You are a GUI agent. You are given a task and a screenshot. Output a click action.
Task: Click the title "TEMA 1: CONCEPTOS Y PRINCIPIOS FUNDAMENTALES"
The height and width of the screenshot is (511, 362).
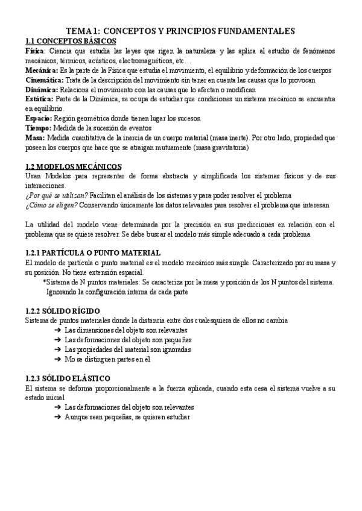[x=180, y=31]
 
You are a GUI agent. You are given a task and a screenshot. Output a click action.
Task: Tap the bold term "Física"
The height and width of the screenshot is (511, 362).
[x=34, y=52]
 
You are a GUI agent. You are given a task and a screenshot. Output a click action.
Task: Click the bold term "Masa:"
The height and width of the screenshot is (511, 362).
[x=36, y=137]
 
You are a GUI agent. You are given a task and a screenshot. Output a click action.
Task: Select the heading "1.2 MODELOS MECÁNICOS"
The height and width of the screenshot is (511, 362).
[x=73, y=166]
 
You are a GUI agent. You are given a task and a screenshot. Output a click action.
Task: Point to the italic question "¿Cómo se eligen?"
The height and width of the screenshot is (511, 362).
[x=51, y=205]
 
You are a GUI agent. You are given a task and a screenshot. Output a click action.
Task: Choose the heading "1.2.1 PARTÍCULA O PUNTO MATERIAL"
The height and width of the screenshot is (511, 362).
[x=93, y=253]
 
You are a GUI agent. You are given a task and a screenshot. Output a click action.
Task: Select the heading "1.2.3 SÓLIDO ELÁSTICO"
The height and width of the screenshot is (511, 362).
[x=68, y=378]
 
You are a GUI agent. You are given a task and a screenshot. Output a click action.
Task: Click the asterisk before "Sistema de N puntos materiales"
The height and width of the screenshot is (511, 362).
[x=44, y=282]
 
